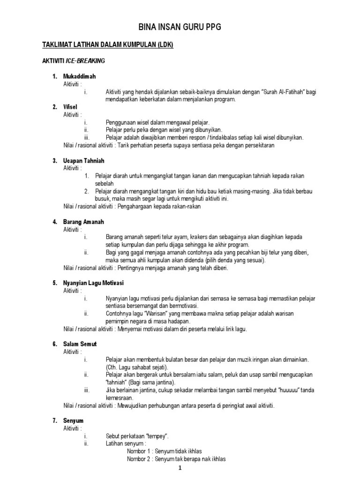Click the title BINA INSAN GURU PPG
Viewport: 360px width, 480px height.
[x=180, y=28]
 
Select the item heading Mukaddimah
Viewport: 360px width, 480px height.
[x=80, y=76]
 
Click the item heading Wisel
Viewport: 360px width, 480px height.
[x=70, y=107]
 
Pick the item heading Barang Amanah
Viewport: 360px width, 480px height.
[x=83, y=222]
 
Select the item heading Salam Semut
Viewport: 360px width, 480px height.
[x=80, y=344]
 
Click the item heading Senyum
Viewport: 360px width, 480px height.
[x=74, y=421]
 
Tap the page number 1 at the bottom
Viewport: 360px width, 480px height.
[x=180, y=469]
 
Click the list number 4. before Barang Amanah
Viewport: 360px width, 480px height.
[x=54, y=222]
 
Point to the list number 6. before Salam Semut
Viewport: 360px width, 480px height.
[x=54, y=344]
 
